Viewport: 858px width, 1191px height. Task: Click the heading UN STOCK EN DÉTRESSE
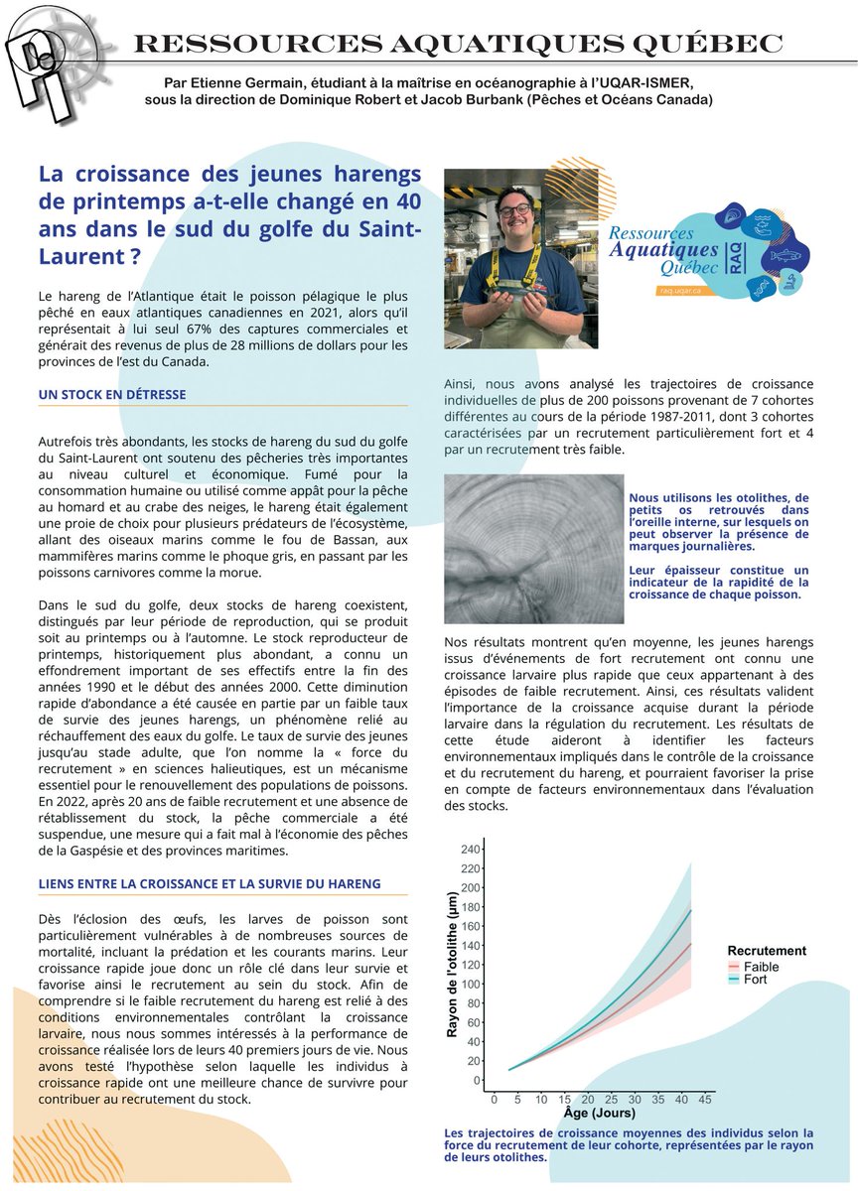click(112, 394)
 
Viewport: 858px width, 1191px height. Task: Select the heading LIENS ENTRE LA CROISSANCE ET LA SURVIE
click(210, 883)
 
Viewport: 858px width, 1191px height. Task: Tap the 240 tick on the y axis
click(469, 850)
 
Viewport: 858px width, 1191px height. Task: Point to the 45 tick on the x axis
click(704, 1100)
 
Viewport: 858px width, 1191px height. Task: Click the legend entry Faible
click(761, 967)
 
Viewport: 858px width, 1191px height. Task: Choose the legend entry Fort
click(755, 980)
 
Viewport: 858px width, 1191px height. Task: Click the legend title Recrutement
click(767, 950)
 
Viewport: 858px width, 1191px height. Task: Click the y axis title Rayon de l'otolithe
click(452, 963)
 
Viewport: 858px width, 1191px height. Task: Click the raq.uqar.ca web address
click(681, 291)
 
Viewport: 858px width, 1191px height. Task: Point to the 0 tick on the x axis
click(495, 1100)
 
